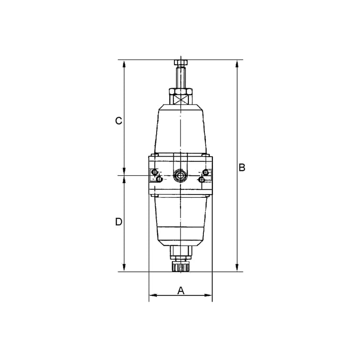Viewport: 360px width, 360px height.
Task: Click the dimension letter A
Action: pyautogui.click(x=181, y=291)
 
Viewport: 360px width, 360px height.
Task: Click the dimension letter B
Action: pyautogui.click(x=242, y=168)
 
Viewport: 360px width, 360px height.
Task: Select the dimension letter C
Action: pyautogui.click(x=119, y=121)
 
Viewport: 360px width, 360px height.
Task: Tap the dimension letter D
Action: pyautogui.click(x=119, y=222)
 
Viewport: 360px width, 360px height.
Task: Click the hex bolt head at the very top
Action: pyautogui.click(x=180, y=62)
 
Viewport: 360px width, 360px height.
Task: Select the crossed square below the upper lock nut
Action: pyautogui.click(x=180, y=99)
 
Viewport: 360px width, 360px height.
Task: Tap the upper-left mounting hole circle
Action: pyautogui.click(x=155, y=172)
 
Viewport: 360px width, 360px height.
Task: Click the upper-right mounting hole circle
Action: pyautogui.click(x=206, y=172)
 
